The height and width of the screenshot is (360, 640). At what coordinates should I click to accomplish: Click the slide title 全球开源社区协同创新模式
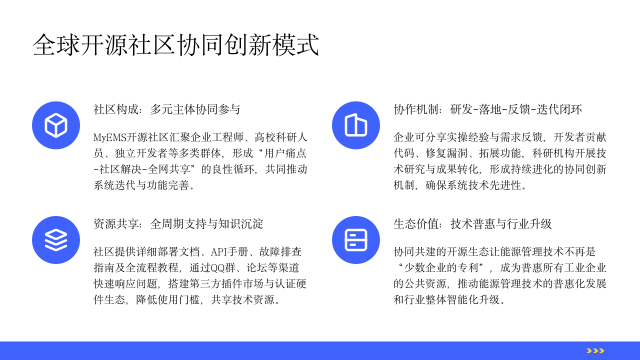(176, 45)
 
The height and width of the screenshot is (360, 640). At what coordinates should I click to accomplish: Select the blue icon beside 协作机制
(355, 124)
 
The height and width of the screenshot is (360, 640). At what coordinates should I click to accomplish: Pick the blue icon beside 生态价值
(355, 239)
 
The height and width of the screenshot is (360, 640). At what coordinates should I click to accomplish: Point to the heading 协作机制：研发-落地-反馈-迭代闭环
(488, 109)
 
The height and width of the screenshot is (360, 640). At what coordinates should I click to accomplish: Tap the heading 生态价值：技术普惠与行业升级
(473, 224)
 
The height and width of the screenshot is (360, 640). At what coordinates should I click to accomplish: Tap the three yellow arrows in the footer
(595, 350)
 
